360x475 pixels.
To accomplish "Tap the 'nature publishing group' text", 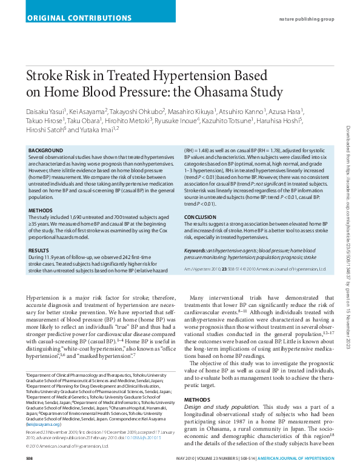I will [306, 19].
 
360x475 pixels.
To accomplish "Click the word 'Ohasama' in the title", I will [224, 92].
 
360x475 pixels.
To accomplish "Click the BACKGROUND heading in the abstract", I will [45, 150].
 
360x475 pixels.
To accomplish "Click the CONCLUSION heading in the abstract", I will [200, 217].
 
